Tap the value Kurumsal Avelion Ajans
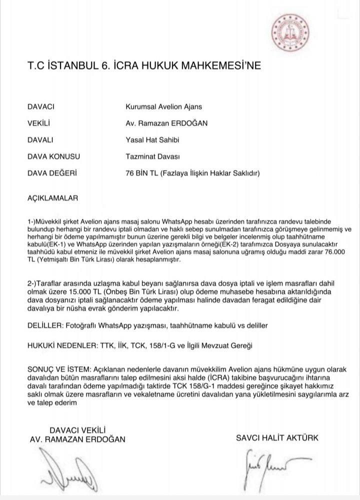[164, 106]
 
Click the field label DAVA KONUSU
[53, 156]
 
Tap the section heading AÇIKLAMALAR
[53, 198]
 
